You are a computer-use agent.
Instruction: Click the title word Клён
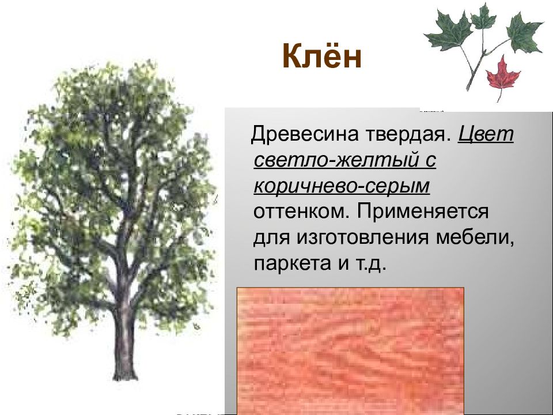pyautogui.click(x=321, y=58)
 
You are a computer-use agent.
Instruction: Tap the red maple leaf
pyautogui.click(x=503, y=73)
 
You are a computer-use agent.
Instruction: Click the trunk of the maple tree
pyautogui.click(x=123, y=334)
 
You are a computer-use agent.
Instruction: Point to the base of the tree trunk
pyautogui.click(x=123, y=375)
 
